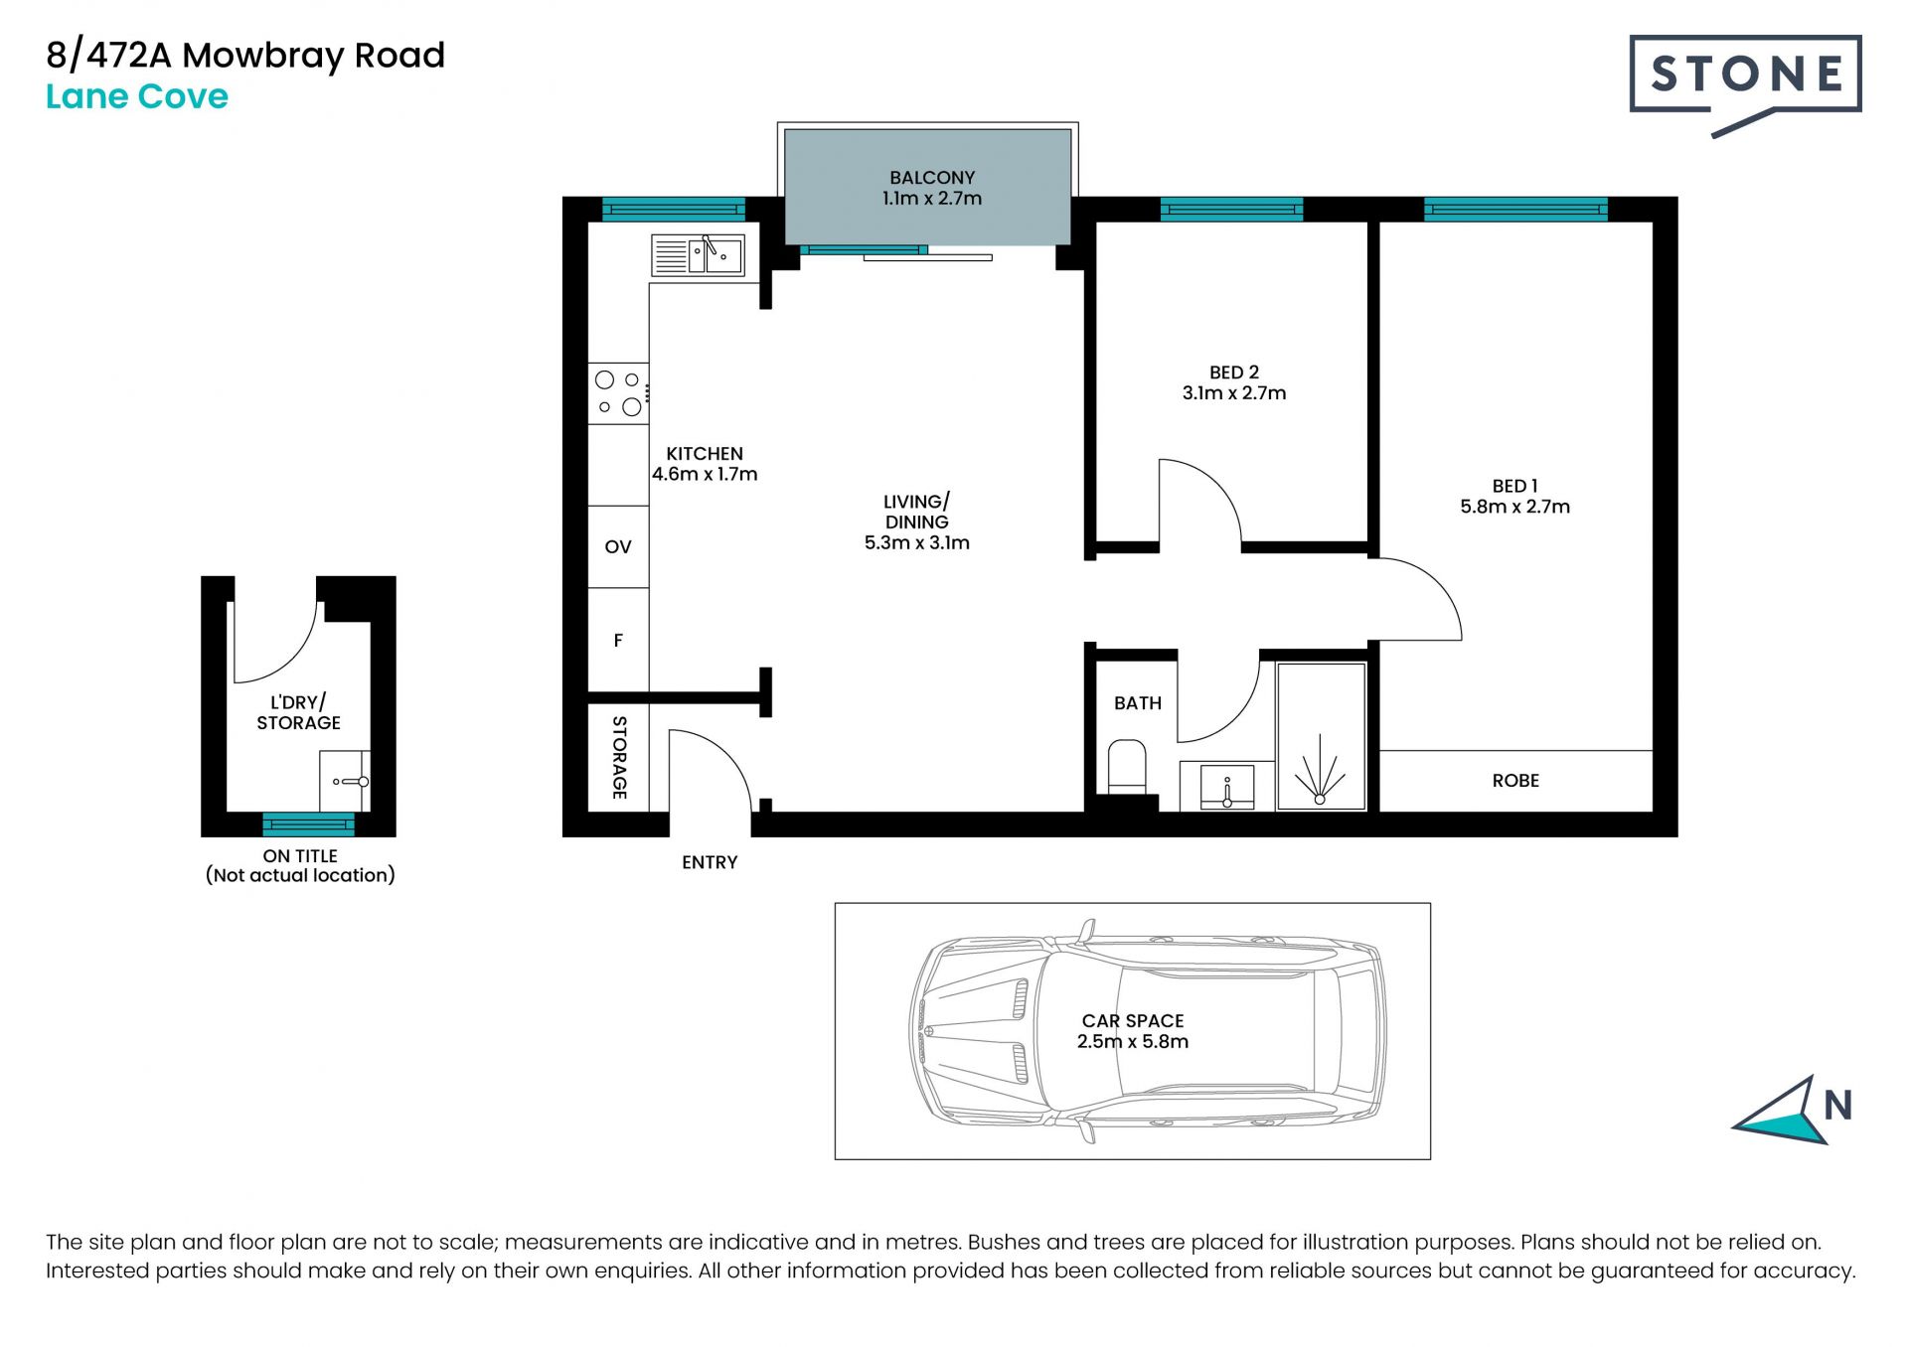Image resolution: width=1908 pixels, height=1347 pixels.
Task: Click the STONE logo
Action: [x=1745, y=85]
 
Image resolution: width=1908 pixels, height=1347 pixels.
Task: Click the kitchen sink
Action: [x=698, y=255]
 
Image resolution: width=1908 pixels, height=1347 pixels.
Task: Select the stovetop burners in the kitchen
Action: [x=618, y=393]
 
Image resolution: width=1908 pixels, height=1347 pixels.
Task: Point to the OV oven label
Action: [x=618, y=547]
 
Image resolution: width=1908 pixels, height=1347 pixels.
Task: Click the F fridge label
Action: [x=618, y=641]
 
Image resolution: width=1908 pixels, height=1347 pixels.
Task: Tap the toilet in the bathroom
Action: [x=1127, y=766]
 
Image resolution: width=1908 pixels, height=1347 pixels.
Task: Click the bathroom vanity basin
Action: [x=1227, y=786]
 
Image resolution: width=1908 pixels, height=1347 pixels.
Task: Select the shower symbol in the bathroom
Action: [x=1321, y=770]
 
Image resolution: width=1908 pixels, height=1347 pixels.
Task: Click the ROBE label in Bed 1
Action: [x=1515, y=781]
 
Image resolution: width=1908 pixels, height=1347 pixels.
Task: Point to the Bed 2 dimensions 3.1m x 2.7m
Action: [x=1234, y=393]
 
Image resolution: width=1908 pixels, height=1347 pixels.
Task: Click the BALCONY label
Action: [x=932, y=178]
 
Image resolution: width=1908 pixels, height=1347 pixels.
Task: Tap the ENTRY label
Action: [x=710, y=862]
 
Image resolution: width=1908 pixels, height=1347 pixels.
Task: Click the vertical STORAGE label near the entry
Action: [x=619, y=758]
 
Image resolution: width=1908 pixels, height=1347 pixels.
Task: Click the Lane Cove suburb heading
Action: [x=137, y=96]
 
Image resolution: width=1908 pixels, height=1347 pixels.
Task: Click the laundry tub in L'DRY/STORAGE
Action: [x=345, y=781]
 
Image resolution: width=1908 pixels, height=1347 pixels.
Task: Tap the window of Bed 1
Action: [x=1515, y=209]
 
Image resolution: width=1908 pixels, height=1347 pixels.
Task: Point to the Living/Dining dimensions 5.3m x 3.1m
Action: [x=916, y=543]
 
